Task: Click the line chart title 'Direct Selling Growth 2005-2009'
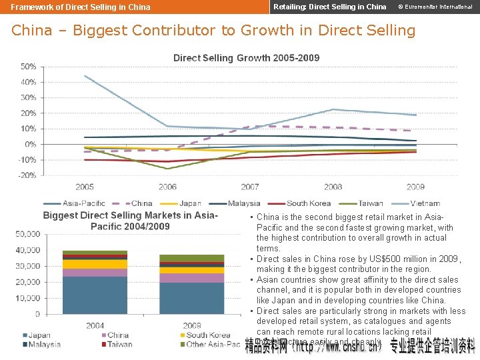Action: (x=246, y=58)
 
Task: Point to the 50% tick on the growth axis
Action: (x=28, y=67)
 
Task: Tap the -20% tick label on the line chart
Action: (x=27, y=175)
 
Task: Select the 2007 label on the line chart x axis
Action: (x=250, y=187)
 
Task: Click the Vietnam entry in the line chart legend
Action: (x=425, y=203)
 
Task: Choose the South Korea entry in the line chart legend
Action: (x=309, y=203)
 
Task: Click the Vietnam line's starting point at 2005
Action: (x=85, y=75)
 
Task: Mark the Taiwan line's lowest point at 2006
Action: (x=167, y=169)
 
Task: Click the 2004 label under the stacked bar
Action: (x=95, y=325)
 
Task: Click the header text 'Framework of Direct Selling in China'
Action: (x=81, y=7)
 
